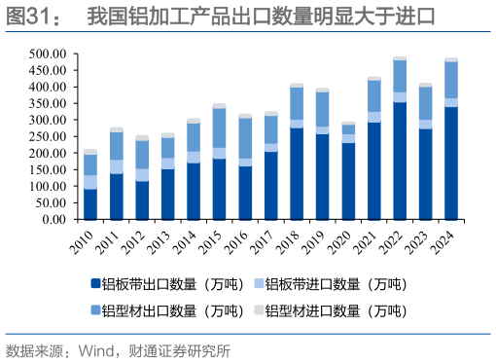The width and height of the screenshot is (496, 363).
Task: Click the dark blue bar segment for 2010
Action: [x=90, y=204]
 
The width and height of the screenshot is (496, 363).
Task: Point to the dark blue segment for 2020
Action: [x=348, y=181]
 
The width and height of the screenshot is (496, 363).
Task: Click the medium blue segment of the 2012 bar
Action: [x=142, y=155]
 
